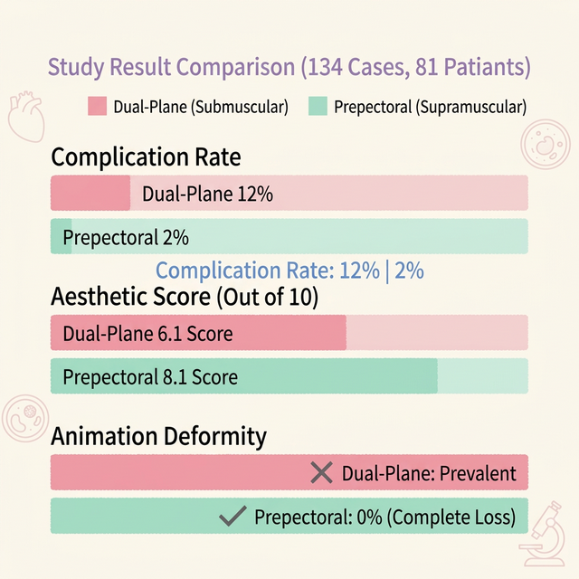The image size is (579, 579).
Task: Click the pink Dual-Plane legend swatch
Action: click(x=97, y=107)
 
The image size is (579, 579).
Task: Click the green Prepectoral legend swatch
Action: click(x=318, y=107)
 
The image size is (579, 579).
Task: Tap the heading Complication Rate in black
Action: click(x=146, y=157)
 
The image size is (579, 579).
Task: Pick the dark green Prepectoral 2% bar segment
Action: click(x=61, y=237)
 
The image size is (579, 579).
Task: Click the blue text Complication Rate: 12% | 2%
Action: click(x=289, y=271)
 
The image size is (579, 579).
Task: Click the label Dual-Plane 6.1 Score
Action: click(x=147, y=334)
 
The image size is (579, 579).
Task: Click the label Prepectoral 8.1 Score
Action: click(x=150, y=376)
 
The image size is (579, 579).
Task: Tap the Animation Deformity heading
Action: click(x=158, y=436)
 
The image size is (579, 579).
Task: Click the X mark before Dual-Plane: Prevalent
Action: click(x=321, y=472)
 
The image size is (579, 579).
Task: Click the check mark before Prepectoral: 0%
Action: click(x=234, y=517)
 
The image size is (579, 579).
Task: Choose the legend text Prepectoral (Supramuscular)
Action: click(x=430, y=107)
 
